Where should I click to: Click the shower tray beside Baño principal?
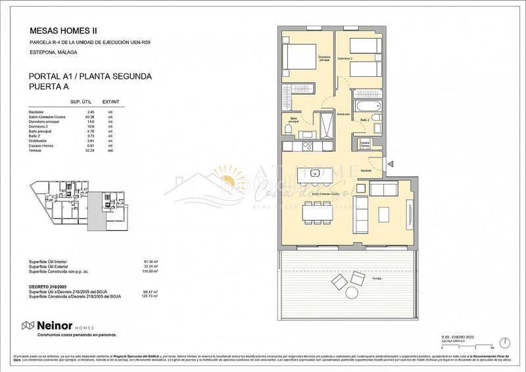[323, 122]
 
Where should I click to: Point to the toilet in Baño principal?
[289, 131]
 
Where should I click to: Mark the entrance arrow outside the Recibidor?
[391, 164]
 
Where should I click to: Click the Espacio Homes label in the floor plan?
[365, 145]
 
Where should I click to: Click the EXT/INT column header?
[111, 103]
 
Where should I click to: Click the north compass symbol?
[503, 342]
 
